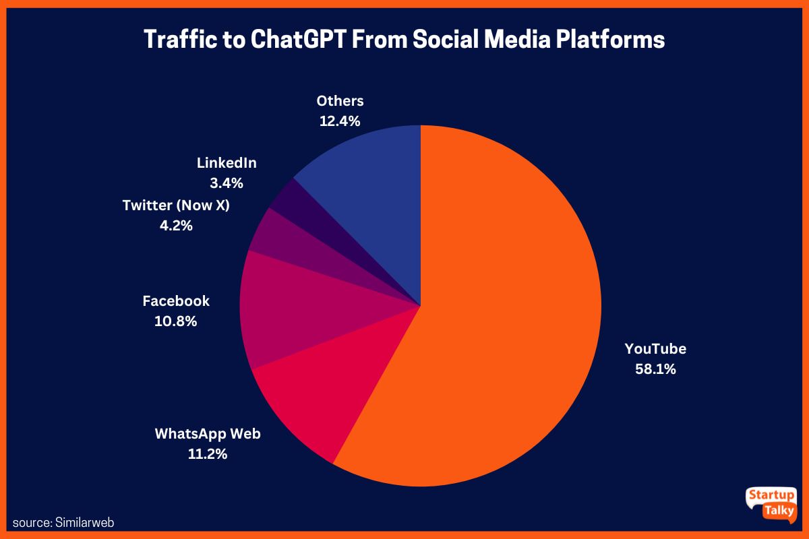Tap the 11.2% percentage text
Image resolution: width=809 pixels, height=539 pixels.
pos(208,454)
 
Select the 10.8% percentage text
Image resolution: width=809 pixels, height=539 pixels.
pos(176,321)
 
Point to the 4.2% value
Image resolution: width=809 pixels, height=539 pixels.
pos(176,226)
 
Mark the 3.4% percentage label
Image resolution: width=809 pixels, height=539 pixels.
pos(227,183)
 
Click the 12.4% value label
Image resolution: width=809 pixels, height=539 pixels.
pos(340,121)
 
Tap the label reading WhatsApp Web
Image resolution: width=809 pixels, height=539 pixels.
pos(208,433)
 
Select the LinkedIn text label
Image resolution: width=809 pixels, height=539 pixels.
pos(227,162)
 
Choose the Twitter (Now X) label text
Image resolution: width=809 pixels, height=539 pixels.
pos(176,205)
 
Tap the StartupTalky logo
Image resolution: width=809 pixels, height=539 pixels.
pos(771,503)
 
